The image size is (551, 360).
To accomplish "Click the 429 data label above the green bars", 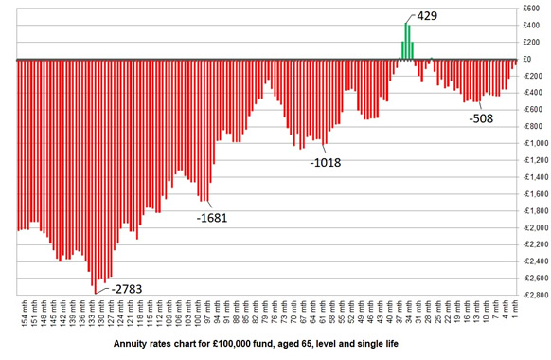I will coord(422,17).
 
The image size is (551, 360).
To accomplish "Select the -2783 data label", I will coord(126,288).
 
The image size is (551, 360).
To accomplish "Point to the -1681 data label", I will coord(212,218).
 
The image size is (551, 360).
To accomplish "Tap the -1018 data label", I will coord(325,162).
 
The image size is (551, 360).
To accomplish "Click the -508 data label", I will coord(483,118).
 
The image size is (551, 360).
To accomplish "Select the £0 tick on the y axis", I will coord(537,59).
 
